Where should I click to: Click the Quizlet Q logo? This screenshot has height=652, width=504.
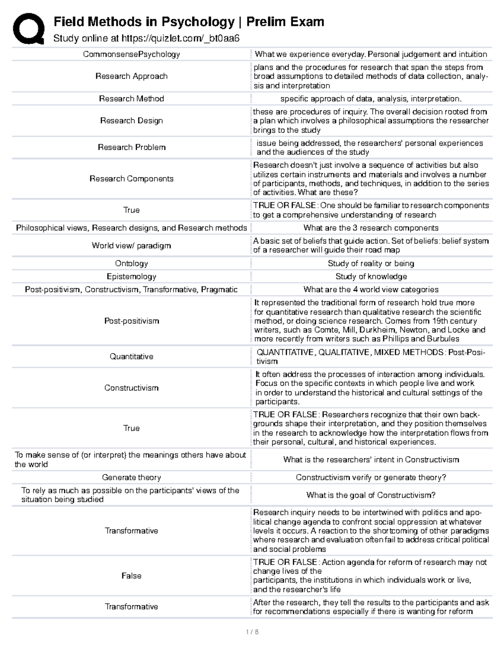coord(29,29)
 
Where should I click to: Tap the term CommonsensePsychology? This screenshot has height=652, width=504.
coord(131,54)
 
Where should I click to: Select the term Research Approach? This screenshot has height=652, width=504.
coord(131,76)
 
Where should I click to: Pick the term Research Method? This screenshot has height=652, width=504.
coord(131,99)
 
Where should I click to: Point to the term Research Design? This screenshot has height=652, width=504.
coord(131,120)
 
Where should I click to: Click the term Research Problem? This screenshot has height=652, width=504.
coord(131,147)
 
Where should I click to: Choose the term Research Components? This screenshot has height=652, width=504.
coord(131,178)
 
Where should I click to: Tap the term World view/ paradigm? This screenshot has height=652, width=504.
coord(131,246)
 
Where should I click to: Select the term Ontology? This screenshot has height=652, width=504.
coord(131,263)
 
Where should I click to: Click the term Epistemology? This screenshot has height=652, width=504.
coord(131,276)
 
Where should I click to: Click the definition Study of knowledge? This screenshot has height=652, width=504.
coord(371,276)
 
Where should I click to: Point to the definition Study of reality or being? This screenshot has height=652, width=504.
coord(371,263)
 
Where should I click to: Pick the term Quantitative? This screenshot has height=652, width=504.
coord(131,356)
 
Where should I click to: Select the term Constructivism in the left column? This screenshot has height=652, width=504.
coord(131,388)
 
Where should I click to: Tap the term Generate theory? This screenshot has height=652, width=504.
coord(131,477)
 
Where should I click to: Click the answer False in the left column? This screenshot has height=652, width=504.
coord(131,576)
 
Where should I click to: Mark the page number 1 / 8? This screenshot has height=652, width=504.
coord(252,632)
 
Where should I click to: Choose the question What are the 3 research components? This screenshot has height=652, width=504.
coord(371,228)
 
